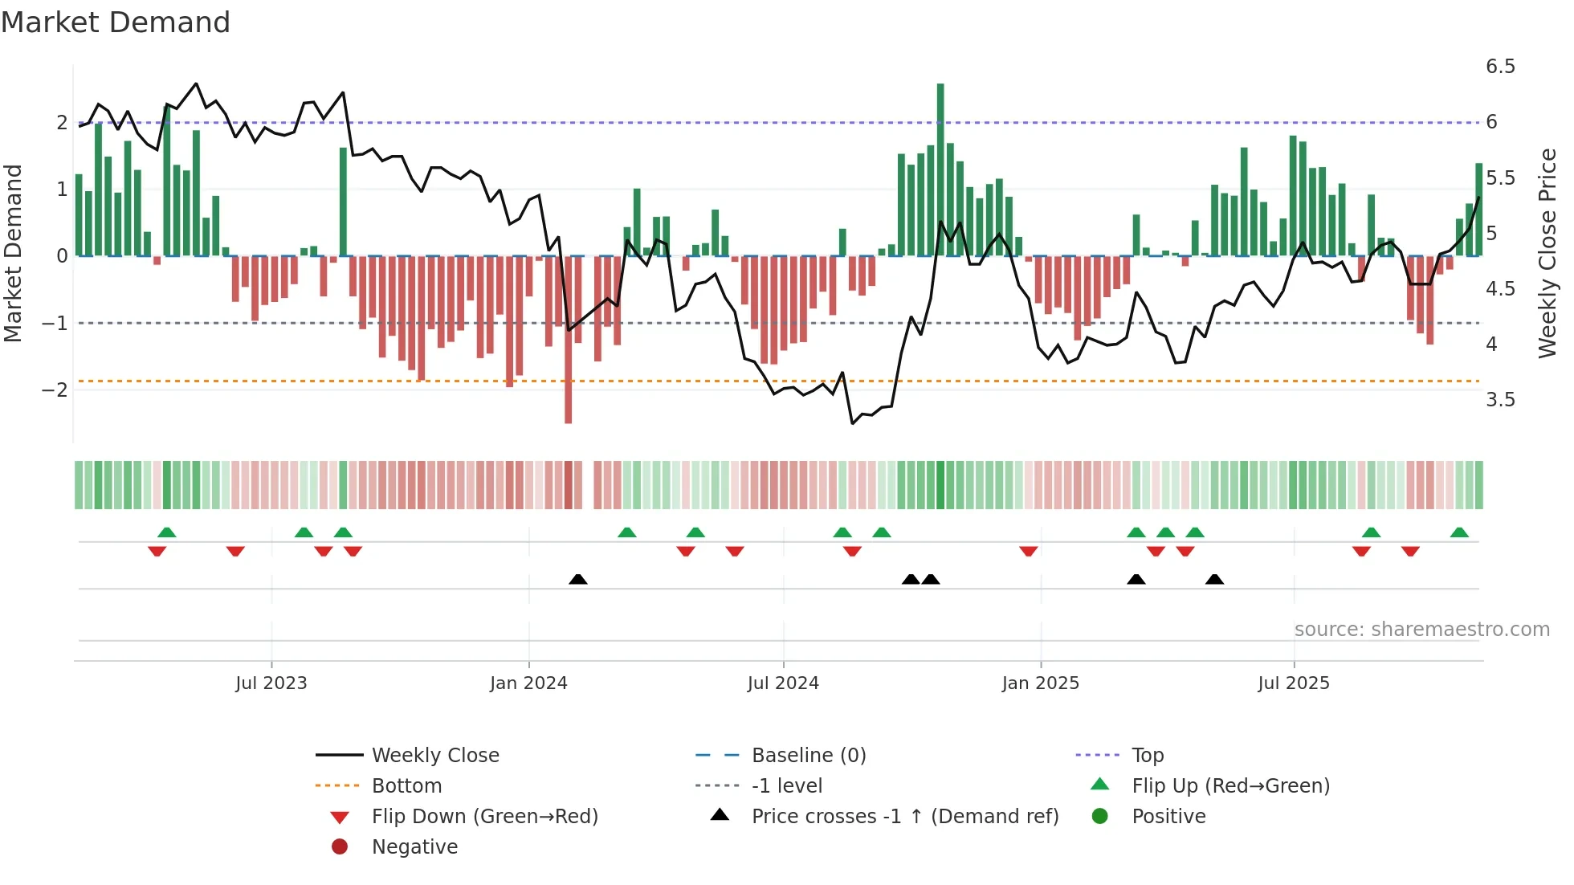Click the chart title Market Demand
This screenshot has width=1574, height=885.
(x=116, y=22)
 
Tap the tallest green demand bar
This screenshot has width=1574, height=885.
(x=940, y=169)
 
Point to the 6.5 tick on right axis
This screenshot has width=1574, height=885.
(x=1500, y=67)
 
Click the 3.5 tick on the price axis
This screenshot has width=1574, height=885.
(x=1500, y=400)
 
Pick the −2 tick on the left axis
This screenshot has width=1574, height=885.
(x=55, y=390)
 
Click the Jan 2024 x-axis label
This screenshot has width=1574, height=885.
(x=528, y=683)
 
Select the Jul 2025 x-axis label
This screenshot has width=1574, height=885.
(x=1294, y=683)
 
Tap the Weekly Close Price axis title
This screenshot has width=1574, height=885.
(x=1547, y=253)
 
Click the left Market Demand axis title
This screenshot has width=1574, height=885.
(x=13, y=253)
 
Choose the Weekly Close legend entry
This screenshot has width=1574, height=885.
(x=435, y=756)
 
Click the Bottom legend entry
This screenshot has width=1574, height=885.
(x=406, y=786)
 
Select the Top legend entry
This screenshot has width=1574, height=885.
(x=1148, y=756)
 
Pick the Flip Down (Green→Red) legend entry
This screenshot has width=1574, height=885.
(x=484, y=817)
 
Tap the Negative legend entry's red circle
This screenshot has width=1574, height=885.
(x=340, y=847)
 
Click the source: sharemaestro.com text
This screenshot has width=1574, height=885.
(x=1421, y=630)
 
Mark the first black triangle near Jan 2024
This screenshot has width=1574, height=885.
(x=578, y=579)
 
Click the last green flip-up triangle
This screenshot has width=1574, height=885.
(x=1459, y=532)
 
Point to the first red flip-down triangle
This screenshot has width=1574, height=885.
(x=157, y=551)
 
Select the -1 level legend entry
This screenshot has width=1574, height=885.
(x=786, y=786)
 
